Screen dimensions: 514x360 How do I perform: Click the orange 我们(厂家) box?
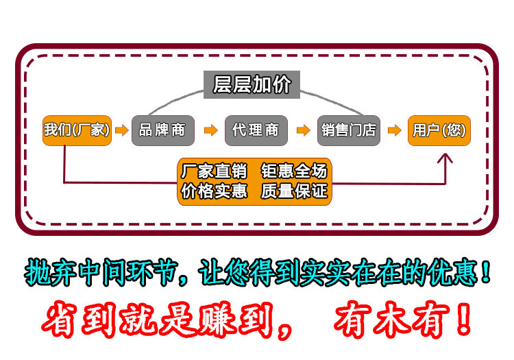pyautogui.click(x=77, y=129)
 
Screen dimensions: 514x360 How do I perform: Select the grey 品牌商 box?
pyautogui.click(x=162, y=130)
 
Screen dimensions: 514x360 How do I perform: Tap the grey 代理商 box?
pyautogui.click(x=255, y=130)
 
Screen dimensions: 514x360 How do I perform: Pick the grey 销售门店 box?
pyautogui.click(x=348, y=130)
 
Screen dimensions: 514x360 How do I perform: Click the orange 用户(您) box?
pyautogui.click(x=439, y=130)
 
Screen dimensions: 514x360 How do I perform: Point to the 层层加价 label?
pyautogui.click(x=252, y=85)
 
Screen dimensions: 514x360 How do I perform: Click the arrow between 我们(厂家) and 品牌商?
pyautogui.click(x=121, y=130)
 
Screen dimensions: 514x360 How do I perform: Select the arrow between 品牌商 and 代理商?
pyautogui.click(x=209, y=130)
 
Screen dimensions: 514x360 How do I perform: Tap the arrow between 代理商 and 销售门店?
pyautogui.click(x=302, y=130)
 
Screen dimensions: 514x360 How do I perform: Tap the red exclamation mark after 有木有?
pyautogui.click(x=463, y=319)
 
